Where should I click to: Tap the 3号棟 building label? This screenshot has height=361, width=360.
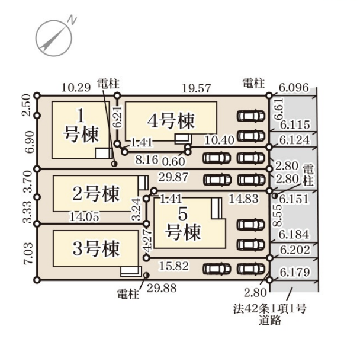point(96,247)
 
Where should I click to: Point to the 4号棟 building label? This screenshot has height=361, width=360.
point(171,121)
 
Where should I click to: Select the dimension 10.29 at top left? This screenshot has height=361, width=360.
point(75,87)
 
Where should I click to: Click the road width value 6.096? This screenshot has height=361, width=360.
point(294,87)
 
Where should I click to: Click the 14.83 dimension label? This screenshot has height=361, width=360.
point(243,199)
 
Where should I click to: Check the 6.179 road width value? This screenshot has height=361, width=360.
point(295,273)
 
